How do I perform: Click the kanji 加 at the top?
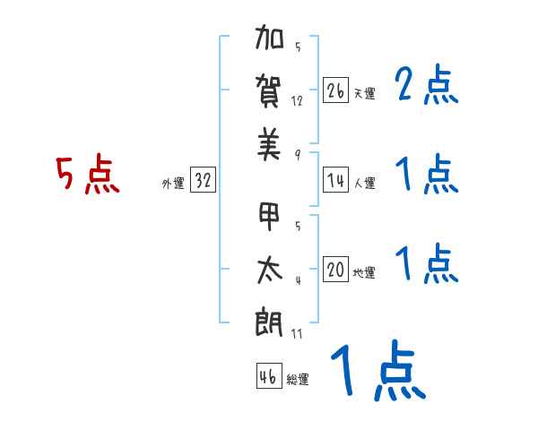269,39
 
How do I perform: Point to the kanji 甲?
269,218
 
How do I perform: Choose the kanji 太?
269,270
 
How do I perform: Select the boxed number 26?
335,90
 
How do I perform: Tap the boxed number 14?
335,180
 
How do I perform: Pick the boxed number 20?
335,270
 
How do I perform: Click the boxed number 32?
203,181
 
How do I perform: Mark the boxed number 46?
267,376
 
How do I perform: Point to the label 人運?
364,184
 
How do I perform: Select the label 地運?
364,273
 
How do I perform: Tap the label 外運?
172,184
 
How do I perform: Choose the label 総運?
298,380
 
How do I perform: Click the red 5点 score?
87,176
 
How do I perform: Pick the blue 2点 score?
427,87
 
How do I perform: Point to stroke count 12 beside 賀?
298,100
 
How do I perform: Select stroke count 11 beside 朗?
298,333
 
